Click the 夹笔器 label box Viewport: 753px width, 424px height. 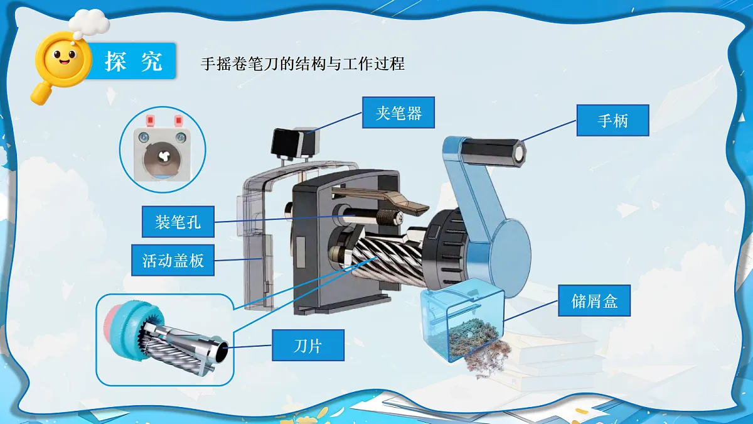[398, 112]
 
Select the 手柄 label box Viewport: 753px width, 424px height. [613, 120]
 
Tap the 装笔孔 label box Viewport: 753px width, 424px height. [178, 222]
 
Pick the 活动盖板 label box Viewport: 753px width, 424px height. [173, 260]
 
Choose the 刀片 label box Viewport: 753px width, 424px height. [308, 345]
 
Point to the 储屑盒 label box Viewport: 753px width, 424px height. [594, 300]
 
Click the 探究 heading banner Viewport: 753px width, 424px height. [132, 61]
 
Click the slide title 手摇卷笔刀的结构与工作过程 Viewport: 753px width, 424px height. [302, 64]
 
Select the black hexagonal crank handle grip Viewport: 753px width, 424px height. [492, 153]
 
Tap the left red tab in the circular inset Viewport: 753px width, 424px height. [149, 119]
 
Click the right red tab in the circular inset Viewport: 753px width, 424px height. [178, 119]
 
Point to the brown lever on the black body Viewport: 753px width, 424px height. [380, 200]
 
